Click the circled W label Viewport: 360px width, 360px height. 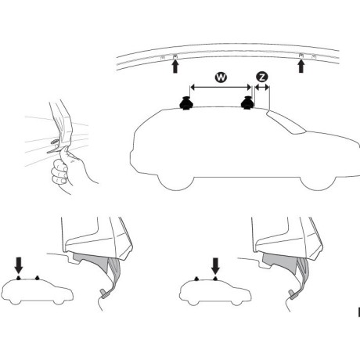tap(221, 77)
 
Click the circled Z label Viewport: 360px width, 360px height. tap(262, 77)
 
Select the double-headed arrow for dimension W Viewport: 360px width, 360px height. tap(221, 88)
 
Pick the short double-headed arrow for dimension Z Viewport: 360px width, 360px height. tap(261, 88)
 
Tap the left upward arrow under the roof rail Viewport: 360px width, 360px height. tap(175, 67)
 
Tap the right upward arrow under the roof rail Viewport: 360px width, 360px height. tap(301, 67)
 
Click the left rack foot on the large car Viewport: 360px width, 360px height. tap(186, 103)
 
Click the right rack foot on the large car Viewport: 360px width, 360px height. tap(247, 103)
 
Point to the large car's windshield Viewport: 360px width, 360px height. tap(286, 122)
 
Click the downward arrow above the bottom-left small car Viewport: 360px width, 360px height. tap(19, 265)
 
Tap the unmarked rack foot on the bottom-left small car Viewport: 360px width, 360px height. tap(38, 278)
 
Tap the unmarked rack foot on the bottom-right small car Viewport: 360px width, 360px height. tap(196, 279)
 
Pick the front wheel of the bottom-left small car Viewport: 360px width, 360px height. tap(59, 302)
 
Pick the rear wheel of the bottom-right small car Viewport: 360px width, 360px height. tap(193, 303)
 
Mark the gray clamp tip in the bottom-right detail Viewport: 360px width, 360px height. tap(294, 294)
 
